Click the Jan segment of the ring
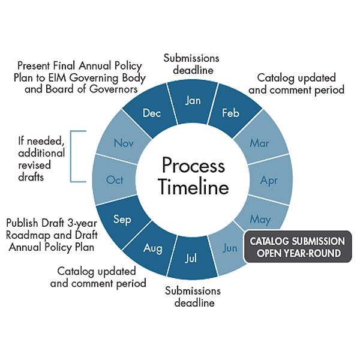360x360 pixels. tap(193, 100)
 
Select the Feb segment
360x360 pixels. tap(230, 112)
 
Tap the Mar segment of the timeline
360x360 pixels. tap(260, 143)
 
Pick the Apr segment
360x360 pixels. tap(269, 179)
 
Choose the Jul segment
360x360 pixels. tap(192, 259)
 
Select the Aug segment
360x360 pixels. tap(152, 247)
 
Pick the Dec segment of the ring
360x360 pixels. tap(152, 113)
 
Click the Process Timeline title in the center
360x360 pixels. tap(193, 176)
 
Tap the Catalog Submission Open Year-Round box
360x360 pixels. tap(297, 247)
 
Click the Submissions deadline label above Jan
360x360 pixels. tap(193, 64)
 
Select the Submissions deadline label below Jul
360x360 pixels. tap(193, 297)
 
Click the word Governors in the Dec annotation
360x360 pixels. tap(117, 90)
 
